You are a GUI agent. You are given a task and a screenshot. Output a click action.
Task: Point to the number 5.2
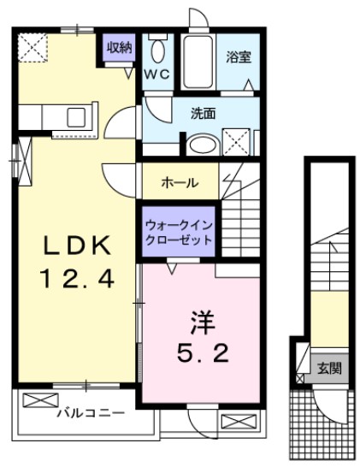pyautogui.click(x=202, y=353)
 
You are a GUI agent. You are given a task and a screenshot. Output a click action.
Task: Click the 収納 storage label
pyautogui.click(x=120, y=47)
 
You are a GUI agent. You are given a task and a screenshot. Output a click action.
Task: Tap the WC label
pyautogui.click(x=157, y=74)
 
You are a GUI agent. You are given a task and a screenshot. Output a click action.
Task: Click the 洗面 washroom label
pyautogui.click(x=202, y=111)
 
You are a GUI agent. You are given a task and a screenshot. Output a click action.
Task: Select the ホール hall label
pyautogui.click(x=180, y=182)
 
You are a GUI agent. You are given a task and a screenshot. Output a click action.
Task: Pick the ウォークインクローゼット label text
pyautogui.click(x=178, y=233)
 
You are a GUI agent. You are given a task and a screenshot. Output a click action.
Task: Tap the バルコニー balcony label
pyautogui.click(x=91, y=414)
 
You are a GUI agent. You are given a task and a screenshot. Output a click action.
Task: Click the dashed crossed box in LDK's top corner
pyautogui.click(x=37, y=47)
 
